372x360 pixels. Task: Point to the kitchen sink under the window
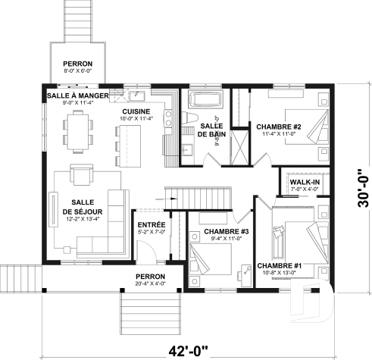point(137,96)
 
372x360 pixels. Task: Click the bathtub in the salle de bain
point(204,99)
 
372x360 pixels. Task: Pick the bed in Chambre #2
point(313,121)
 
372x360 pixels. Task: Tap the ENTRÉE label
point(152,224)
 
